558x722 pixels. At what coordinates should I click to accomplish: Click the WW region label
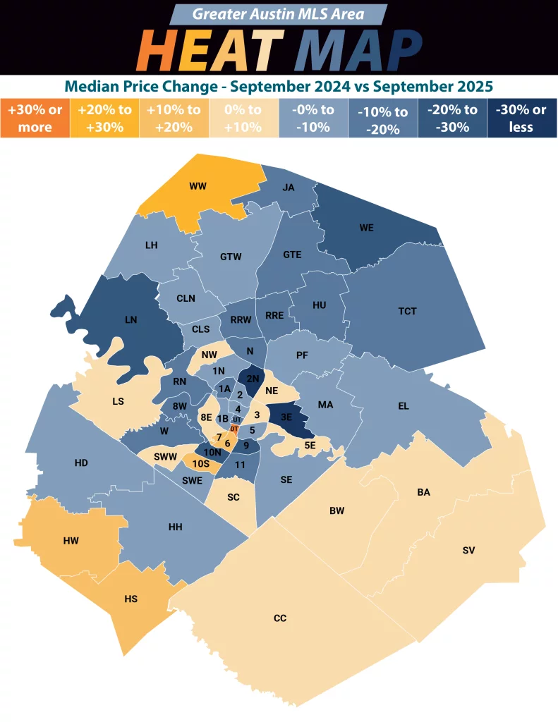pos(197,187)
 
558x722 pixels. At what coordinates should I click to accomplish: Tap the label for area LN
pos(131,319)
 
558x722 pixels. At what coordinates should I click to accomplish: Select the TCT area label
pos(407,311)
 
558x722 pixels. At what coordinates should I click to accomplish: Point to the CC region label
pos(280,618)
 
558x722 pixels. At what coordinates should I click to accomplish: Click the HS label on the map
pos(131,599)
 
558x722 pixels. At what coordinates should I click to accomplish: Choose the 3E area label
pos(286,416)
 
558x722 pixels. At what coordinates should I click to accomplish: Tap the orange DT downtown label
pos(234,429)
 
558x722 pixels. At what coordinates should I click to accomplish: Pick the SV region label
pos(468,549)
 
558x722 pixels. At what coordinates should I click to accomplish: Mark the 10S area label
pos(201,463)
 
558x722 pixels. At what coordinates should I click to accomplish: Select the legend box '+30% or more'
pos(35,118)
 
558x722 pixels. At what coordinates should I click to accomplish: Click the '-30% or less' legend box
pos(521,118)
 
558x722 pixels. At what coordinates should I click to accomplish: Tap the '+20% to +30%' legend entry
pos(105,118)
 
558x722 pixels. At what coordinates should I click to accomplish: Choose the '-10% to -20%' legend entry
pos(382,119)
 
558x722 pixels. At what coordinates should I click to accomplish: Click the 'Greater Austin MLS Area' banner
pos(279,14)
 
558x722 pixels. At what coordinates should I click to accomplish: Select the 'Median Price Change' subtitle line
pos(279,87)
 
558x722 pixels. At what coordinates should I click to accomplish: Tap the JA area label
pos(288,188)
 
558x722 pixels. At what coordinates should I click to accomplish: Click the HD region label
pos(81,463)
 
